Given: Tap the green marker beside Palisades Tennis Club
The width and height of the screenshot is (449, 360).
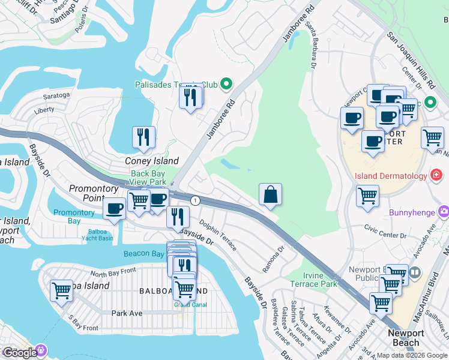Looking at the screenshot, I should [227, 84].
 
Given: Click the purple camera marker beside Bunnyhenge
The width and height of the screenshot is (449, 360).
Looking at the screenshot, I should [444, 211].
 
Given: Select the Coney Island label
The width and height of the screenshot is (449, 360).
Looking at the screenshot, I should [151, 161].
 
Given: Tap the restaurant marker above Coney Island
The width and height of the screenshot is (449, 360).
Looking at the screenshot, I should [143, 137].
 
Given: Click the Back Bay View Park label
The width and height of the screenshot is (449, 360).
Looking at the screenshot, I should [148, 178].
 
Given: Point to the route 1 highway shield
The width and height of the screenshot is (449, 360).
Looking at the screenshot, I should [195, 200].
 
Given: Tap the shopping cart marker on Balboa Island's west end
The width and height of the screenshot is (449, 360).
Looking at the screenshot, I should [62, 291].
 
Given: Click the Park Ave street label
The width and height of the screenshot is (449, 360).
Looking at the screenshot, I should [127, 313].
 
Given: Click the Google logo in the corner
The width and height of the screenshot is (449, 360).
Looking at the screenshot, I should [20, 353].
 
